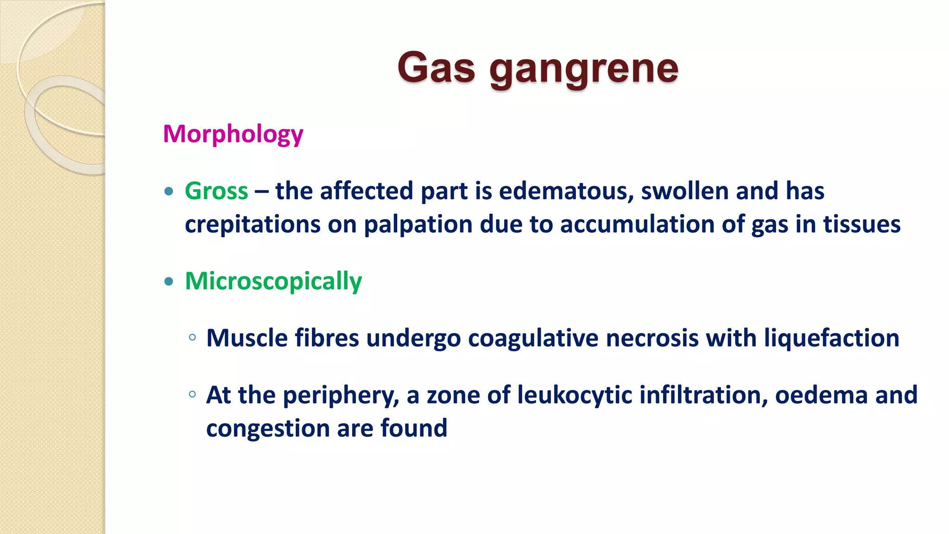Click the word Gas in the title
point(436,68)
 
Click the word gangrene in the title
point(584,70)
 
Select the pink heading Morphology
point(233,134)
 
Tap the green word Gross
point(216,191)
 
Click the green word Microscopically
point(273,281)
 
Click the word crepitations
point(253,224)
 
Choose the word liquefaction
point(831,338)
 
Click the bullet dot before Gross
point(169,191)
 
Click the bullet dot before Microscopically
point(169,281)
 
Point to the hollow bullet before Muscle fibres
point(193,338)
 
